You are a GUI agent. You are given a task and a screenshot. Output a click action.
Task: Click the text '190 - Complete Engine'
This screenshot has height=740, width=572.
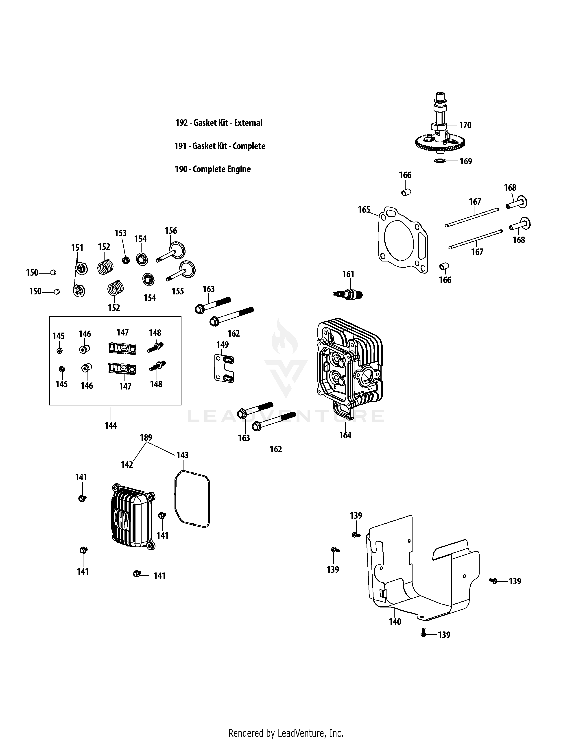pyautogui.click(x=212, y=169)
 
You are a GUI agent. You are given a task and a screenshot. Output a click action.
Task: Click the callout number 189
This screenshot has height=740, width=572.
pyautogui.click(x=146, y=437)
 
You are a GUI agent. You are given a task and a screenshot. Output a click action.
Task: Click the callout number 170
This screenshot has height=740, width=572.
pyautogui.click(x=465, y=125)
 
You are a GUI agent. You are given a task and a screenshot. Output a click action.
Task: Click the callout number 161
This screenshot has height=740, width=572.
pyautogui.click(x=348, y=274)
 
